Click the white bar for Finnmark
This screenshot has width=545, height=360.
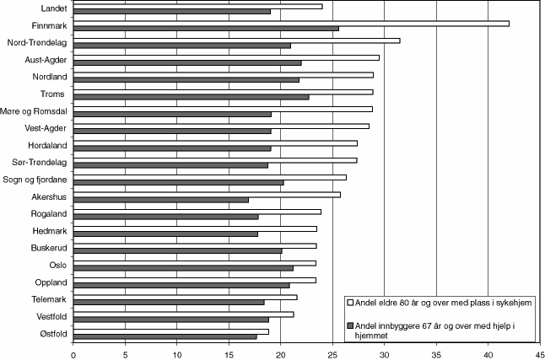(x=291, y=23)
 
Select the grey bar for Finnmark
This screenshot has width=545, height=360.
(x=206, y=29)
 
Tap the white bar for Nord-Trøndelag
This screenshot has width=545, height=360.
(x=236, y=40)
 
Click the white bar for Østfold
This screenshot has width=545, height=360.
(x=171, y=331)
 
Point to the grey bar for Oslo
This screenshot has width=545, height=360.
(x=183, y=268)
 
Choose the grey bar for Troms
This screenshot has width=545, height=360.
(x=191, y=97)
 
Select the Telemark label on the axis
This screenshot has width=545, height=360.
(x=51, y=298)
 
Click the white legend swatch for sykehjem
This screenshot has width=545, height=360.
(x=349, y=301)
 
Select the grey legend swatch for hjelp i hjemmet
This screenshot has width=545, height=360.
(x=349, y=325)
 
